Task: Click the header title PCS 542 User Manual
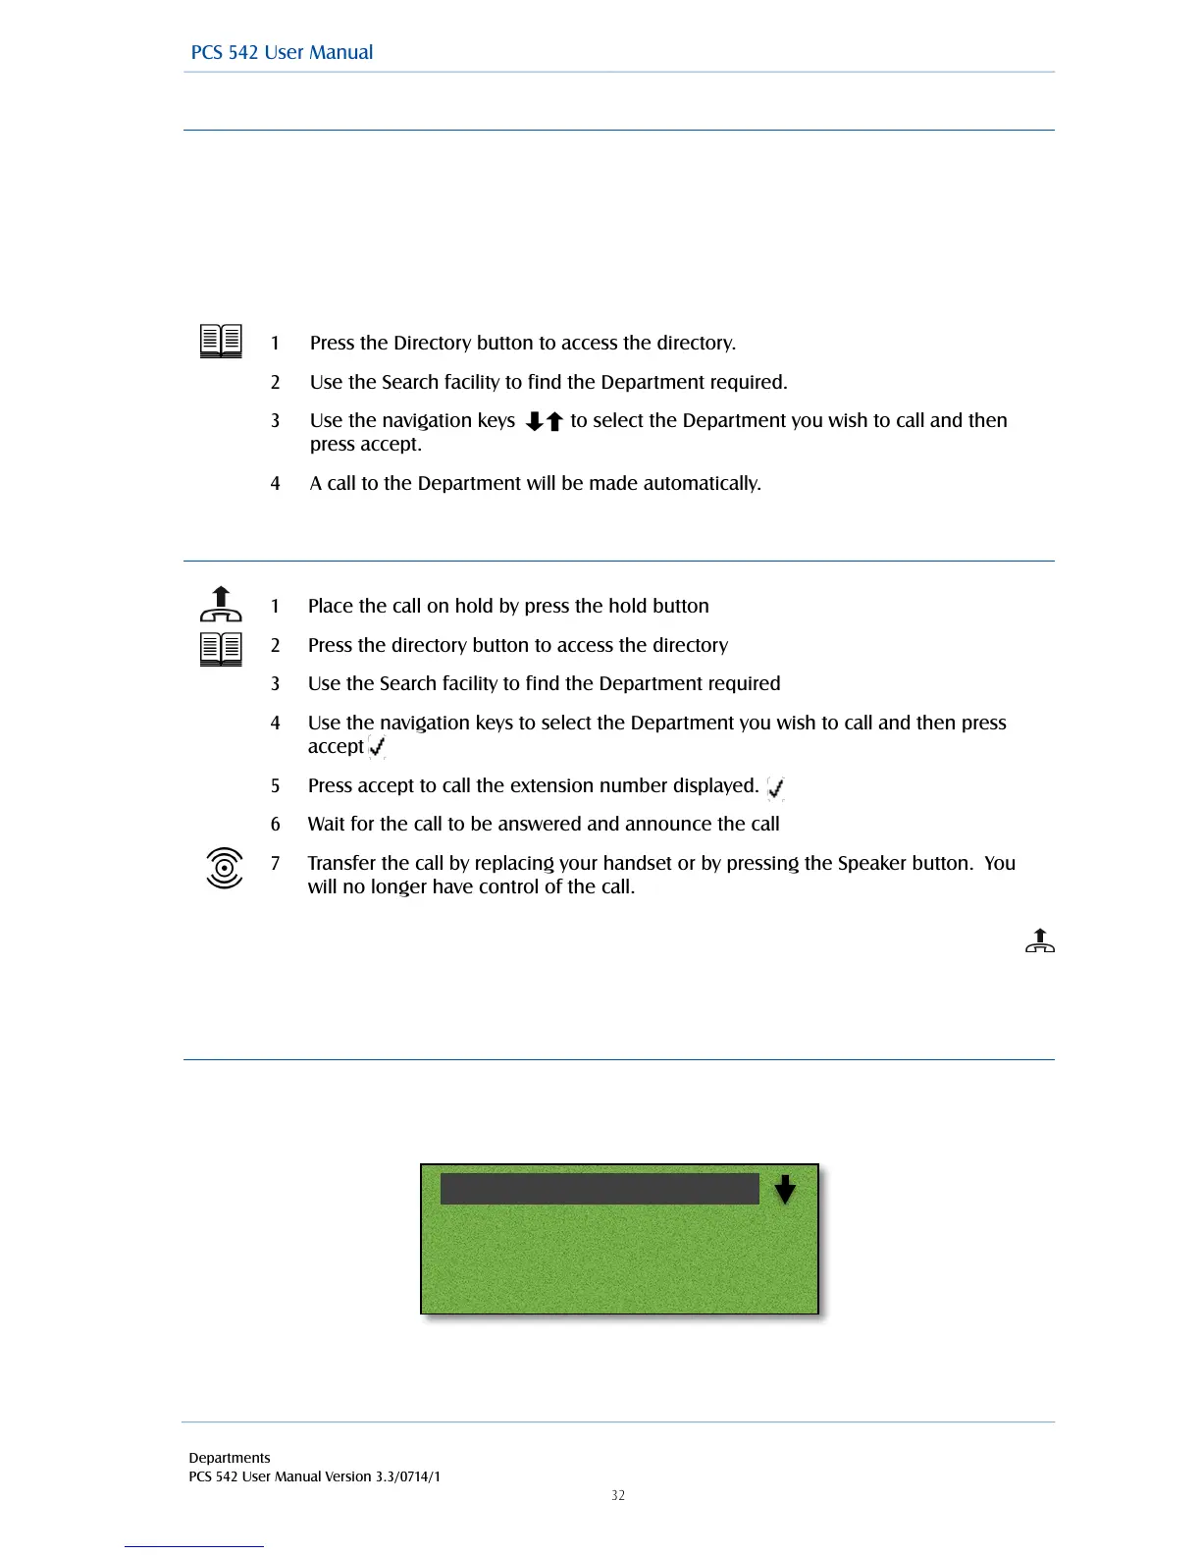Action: pyautogui.click(x=282, y=53)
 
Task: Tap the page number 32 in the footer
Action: pyautogui.click(x=618, y=1495)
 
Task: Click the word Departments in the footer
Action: pyautogui.click(x=230, y=1458)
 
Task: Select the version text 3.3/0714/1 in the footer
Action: pyautogui.click(x=408, y=1476)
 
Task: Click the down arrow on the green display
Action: pyautogui.click(x=785, y=1190)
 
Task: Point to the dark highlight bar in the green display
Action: pyautogui.click(x=600, y=1189)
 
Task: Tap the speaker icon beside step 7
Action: pyautogui.click(x=225, y=868)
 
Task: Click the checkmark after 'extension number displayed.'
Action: pyautogui.click(x=775, y=787)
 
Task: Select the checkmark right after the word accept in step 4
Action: pyautogui.click(x=377, y=747)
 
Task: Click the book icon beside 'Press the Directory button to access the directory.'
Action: pyautogui.click(x=221, y=342)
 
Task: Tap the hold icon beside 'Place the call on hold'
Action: pyautogui.click(x=221, y=605)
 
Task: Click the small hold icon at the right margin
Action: pyautogui.click(x=1040, y=940)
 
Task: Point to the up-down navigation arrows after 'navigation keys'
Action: pyautogui.click(x=544, y=421)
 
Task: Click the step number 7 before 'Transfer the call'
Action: pyautogui.click(x=276, y=863)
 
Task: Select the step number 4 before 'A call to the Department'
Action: pyautogui.click(x=276, y=483)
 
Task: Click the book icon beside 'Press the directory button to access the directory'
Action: pyautogui.click(x=221, y=649)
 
